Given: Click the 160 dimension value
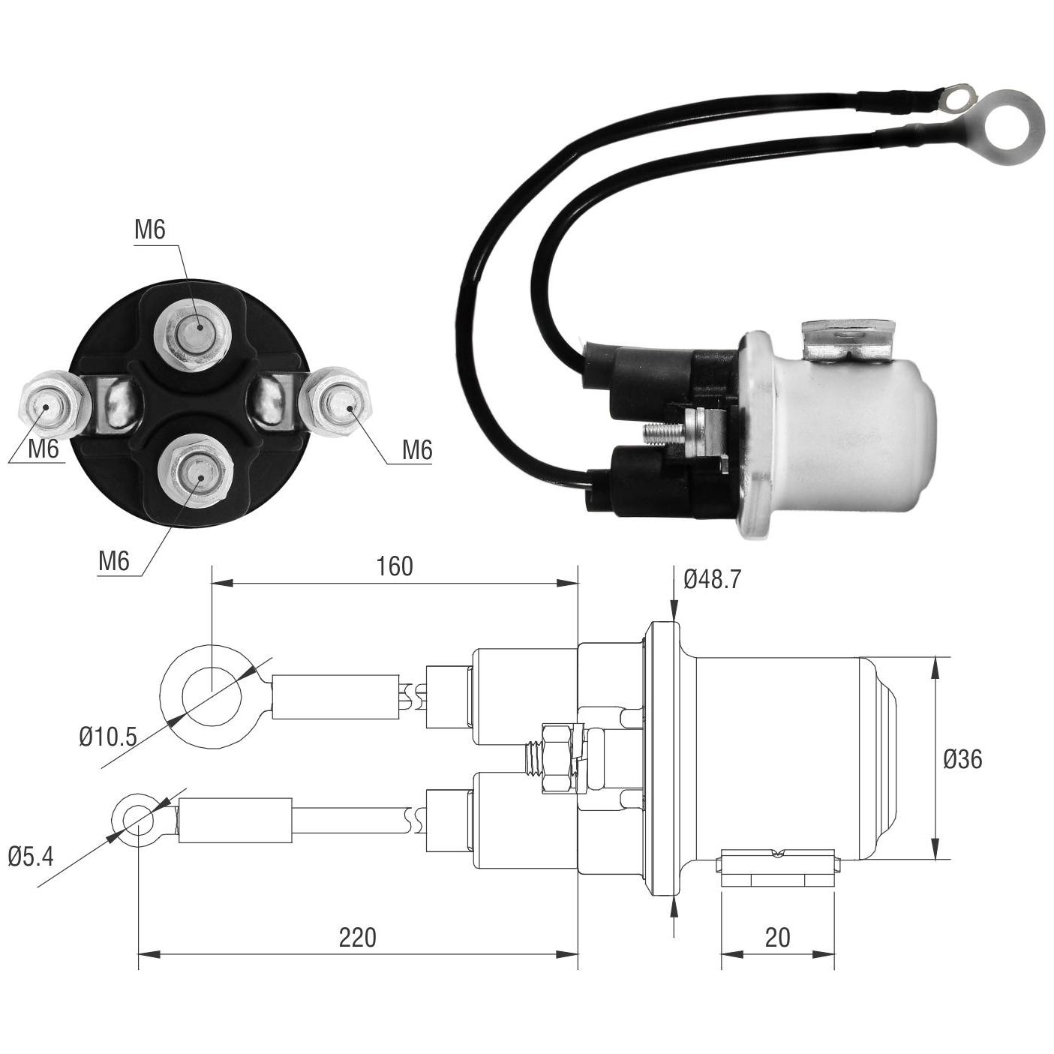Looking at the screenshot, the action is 394,566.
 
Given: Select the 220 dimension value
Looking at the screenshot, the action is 358,938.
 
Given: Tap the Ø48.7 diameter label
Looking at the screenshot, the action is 712,579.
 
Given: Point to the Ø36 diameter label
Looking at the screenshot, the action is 962,759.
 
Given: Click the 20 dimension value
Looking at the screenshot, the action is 777,938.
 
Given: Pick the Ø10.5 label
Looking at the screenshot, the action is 107,738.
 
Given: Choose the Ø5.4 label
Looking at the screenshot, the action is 32,856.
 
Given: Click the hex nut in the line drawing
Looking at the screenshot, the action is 559,757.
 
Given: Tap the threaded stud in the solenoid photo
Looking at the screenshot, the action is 665,435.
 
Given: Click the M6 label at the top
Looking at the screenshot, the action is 150,230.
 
